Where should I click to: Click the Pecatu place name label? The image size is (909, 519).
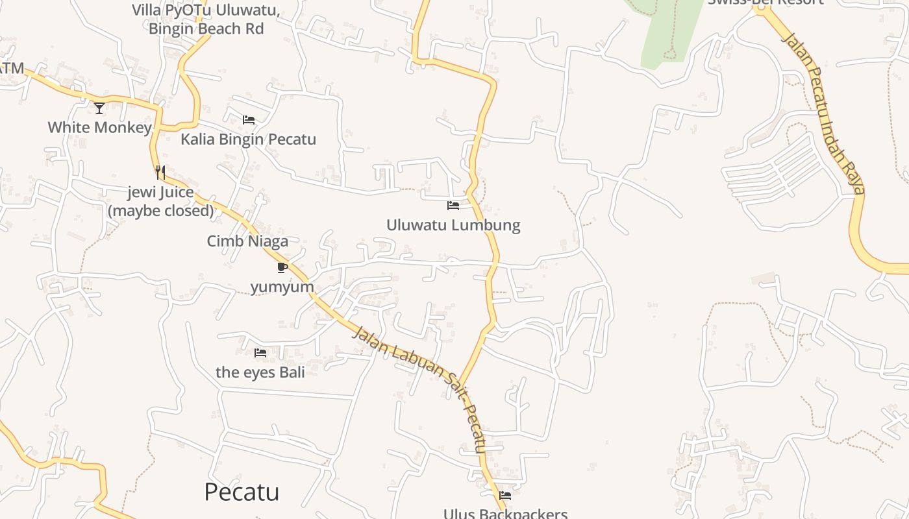pyautogui.click(x=242, y=492)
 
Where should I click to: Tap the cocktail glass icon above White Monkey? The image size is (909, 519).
pyautogui.click(x=99, y=108)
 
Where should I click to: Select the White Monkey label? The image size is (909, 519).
pyautogui.click(x=99, y=127)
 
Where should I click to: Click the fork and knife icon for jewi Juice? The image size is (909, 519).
pyautogui.click(x=160, y=173)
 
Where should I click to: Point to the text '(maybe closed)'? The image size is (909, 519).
pyautogui.click(x=160, y=211)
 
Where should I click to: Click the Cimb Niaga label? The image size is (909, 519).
pyautogui.click(x=247, y=241)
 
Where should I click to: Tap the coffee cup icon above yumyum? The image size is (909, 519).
pyautogui.click(x=282, y=267)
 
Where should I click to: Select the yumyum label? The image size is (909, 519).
pyautogui.click(x=282, y=287)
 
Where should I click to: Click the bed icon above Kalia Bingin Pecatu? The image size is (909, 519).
pyautogui.click(x=248, y=120)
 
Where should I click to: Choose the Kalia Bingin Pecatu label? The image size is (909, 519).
pyautogui.click(x=248, y=139)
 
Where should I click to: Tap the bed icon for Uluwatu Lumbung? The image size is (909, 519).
pyautogui.click(x=453, y=206)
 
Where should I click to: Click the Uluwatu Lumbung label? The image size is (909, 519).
pyautogui.click(x=453, y=225)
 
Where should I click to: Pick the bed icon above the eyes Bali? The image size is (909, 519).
pyautogui.click(x=260, y=353)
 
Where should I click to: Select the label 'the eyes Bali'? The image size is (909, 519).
pyautogui.click(x=260, y=372)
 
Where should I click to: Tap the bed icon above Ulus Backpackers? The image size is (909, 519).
pyautogui.click(x=505, y=496)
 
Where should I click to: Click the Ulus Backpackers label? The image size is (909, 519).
pyautogui.click(x=505, y=514)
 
